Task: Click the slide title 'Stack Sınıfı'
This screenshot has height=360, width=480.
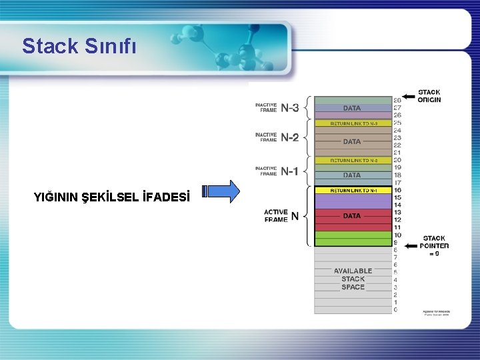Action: [79, 46]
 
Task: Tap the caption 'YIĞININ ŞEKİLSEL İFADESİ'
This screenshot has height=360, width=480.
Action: [111, 197]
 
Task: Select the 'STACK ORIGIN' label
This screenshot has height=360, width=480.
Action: [429, 96]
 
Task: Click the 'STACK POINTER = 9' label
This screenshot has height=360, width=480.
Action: [434, 245]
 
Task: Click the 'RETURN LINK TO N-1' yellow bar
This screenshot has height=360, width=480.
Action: [352, 191]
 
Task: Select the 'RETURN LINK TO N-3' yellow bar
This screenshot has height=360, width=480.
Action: [352, 123]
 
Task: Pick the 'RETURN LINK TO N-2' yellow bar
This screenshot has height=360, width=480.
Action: [352, 161]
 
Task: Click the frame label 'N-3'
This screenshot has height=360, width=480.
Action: [289, 107]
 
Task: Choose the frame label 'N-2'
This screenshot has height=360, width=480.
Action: [289, 138]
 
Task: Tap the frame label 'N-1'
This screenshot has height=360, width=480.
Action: [289, 171]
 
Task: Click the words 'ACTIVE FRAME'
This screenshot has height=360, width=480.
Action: [276, 215]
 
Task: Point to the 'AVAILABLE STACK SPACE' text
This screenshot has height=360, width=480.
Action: [353, 279]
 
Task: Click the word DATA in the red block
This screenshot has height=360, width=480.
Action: [352, 216]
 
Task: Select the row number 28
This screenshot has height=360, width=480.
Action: [397, 101]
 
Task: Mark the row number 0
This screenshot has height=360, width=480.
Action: [396, 309]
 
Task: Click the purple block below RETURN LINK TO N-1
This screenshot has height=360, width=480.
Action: [352, 201]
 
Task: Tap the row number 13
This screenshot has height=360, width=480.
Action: [397, 212]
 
